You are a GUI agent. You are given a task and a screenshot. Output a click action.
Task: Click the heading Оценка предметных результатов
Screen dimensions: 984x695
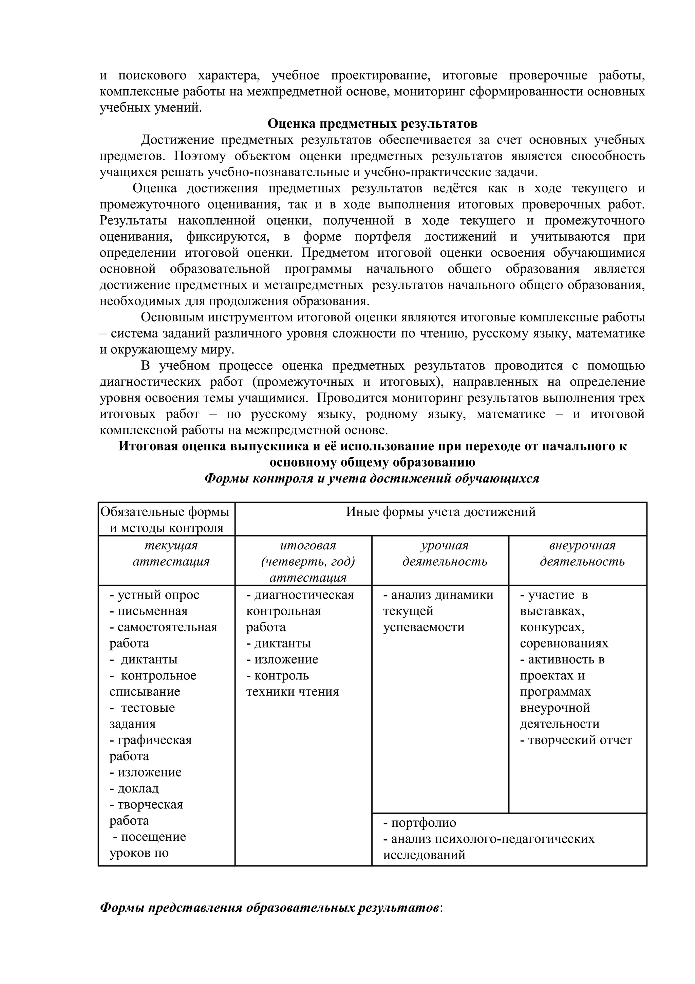(x=372, y=124)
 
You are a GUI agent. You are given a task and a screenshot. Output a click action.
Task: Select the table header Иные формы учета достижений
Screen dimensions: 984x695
(x=440, y=512)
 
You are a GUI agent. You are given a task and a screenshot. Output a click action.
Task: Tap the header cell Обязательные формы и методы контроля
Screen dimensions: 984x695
(x=166, y=520)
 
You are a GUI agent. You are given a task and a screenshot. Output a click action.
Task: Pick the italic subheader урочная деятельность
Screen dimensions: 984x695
(x=445, y=553)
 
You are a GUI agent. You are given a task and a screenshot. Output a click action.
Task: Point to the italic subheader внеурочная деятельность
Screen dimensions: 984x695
(x=582, y=553)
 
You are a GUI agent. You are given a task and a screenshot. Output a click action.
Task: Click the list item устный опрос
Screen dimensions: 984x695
(x=155, y=595)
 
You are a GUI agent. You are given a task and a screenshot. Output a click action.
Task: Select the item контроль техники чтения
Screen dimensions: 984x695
(x=292, y=684)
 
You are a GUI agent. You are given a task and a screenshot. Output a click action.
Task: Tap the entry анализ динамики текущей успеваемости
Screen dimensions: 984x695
(x=438, y=611)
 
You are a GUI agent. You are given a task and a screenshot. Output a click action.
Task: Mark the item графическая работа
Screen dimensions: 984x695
(x=150, y=748)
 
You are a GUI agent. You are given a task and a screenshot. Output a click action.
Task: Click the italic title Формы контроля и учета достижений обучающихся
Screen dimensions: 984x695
(x=372, y=478)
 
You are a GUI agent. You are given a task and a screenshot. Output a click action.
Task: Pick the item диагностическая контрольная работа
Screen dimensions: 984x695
(x=300, y=611)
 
